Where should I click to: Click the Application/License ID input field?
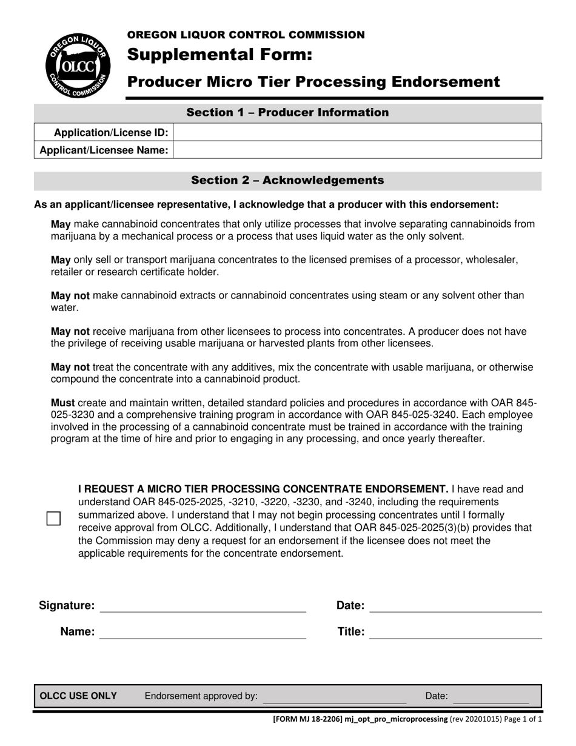point(357,132)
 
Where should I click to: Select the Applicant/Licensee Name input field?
point(357,150)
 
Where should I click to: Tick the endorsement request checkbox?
point(54,519)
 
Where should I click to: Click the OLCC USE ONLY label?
point(78,696)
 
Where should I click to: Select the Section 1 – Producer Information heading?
point(287,113)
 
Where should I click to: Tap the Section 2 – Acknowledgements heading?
point(287,180)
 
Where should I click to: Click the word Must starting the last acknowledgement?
point(63,403)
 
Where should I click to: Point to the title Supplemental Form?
point(219,56)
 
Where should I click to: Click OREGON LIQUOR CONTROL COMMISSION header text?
point(246,35)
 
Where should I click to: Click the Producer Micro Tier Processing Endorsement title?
point(313,82)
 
